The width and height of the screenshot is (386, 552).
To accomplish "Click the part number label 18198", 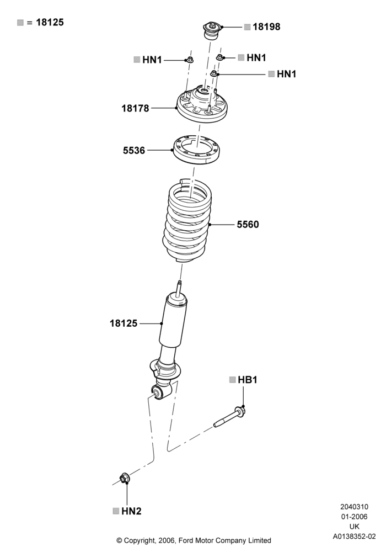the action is click(266, 26).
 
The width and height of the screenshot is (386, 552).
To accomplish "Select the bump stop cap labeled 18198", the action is click(212, 31).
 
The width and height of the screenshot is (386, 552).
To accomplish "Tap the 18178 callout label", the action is click(135, 108).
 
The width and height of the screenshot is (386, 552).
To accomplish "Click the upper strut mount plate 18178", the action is click(201, 104).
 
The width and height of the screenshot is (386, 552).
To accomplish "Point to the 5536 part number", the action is click(134, 150).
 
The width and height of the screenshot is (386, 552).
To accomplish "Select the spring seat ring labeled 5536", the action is click(196, 150).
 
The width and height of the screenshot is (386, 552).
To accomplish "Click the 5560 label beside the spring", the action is click(248, 224).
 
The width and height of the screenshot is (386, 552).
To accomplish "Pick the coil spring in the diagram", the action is click(186, 221).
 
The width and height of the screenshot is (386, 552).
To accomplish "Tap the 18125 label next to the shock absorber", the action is click(124, 323).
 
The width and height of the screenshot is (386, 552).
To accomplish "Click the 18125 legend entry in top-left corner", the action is click(50, 22).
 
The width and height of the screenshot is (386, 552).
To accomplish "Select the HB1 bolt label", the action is click(248, 380).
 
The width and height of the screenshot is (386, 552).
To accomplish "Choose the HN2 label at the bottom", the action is click(131, 511).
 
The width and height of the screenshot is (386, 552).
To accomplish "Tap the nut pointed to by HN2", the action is click(124, 478).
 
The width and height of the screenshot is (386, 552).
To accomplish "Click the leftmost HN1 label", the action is click(152, 60).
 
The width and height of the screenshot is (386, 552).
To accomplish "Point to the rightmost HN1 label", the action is click(287, 74).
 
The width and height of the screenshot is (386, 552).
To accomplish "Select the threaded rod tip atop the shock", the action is click(179, 284).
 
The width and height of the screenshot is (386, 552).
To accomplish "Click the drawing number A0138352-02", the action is click(355, 537).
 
